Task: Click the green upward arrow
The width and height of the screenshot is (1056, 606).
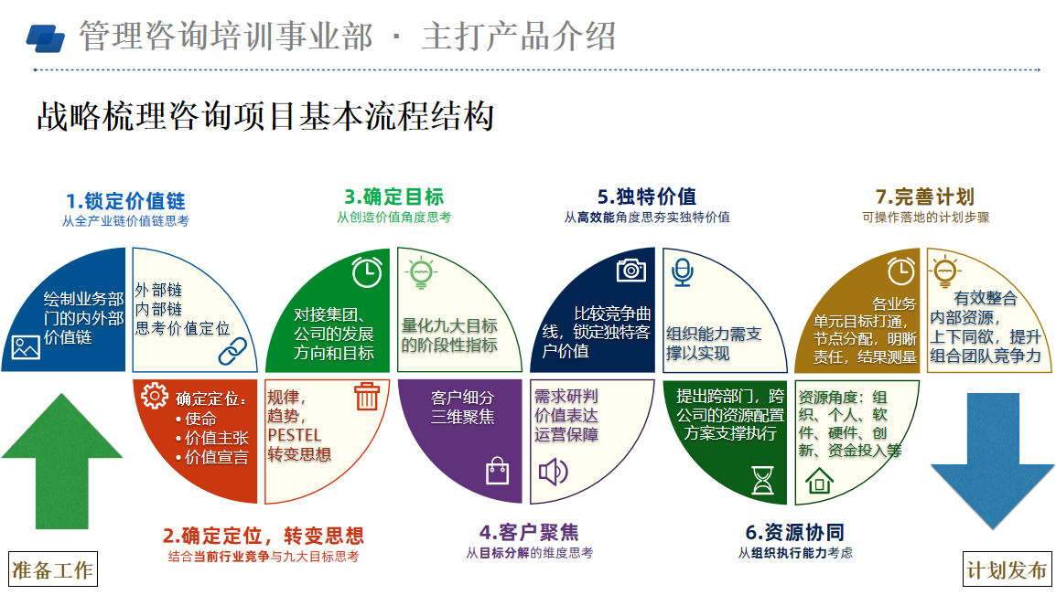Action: (62, 461)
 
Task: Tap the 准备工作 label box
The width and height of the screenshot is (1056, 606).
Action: (53, 570)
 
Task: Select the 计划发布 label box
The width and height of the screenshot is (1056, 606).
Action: (1007, 570)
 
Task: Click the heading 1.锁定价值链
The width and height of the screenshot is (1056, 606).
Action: (125, 201)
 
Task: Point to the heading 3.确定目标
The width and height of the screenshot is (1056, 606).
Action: (393, 197)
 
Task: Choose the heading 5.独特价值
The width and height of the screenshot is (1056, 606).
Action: (646, 197)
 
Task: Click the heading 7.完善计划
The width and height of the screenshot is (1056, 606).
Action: (924, 197)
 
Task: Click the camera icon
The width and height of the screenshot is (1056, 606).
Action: (631, 270)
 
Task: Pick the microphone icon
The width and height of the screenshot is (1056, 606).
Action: (682, 271)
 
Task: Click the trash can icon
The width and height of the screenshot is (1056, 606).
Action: (367, 396)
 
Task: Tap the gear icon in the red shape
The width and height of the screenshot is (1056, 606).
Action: (155, 396)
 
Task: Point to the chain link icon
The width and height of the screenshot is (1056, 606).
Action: (232, 348)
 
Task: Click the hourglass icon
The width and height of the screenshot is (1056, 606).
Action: (762, 480)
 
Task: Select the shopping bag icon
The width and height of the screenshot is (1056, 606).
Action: (497, 471)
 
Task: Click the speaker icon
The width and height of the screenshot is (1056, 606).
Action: (553, 472)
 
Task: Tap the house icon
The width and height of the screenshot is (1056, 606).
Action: (818, 479)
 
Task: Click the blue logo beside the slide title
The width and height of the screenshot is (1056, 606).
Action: (46, 37)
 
